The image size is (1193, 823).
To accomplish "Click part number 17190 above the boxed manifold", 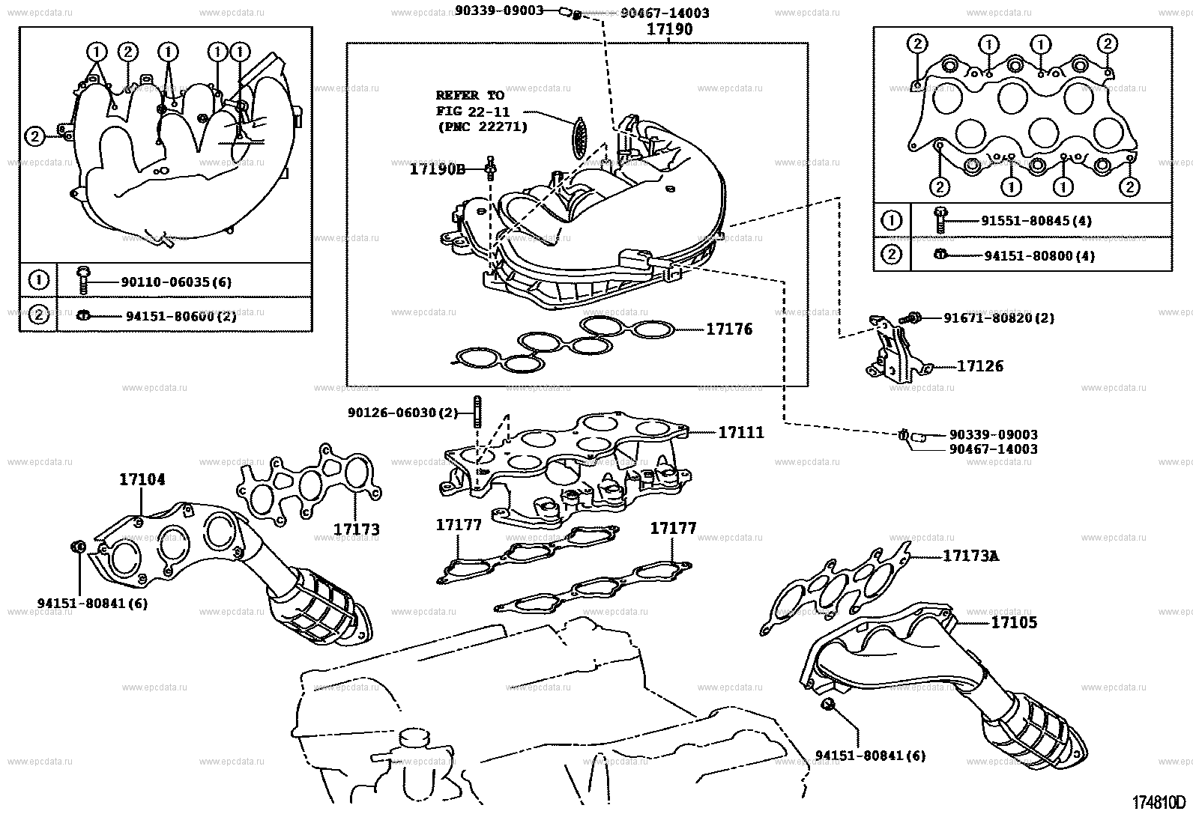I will click(x=670, y=30).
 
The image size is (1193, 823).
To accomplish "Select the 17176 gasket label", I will click(x=728, y=329).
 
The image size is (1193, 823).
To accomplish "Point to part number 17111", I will click(x=740, y=432).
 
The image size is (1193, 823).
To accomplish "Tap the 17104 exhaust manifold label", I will click(x=142, y=479).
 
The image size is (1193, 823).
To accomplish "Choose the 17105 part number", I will click(x=1014, y=622).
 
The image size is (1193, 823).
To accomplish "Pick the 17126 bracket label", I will click(x=979, y=366).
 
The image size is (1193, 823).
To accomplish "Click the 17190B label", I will click(x=437, y=169).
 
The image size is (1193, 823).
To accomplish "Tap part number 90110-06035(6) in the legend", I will click(x=175, y=282).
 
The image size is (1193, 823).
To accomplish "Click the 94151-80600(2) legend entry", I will click(x=180, y=316).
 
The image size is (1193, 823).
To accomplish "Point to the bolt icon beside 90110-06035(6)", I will click(x=82, y=280).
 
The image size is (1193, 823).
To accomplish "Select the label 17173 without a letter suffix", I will click(x=356, y=529).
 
